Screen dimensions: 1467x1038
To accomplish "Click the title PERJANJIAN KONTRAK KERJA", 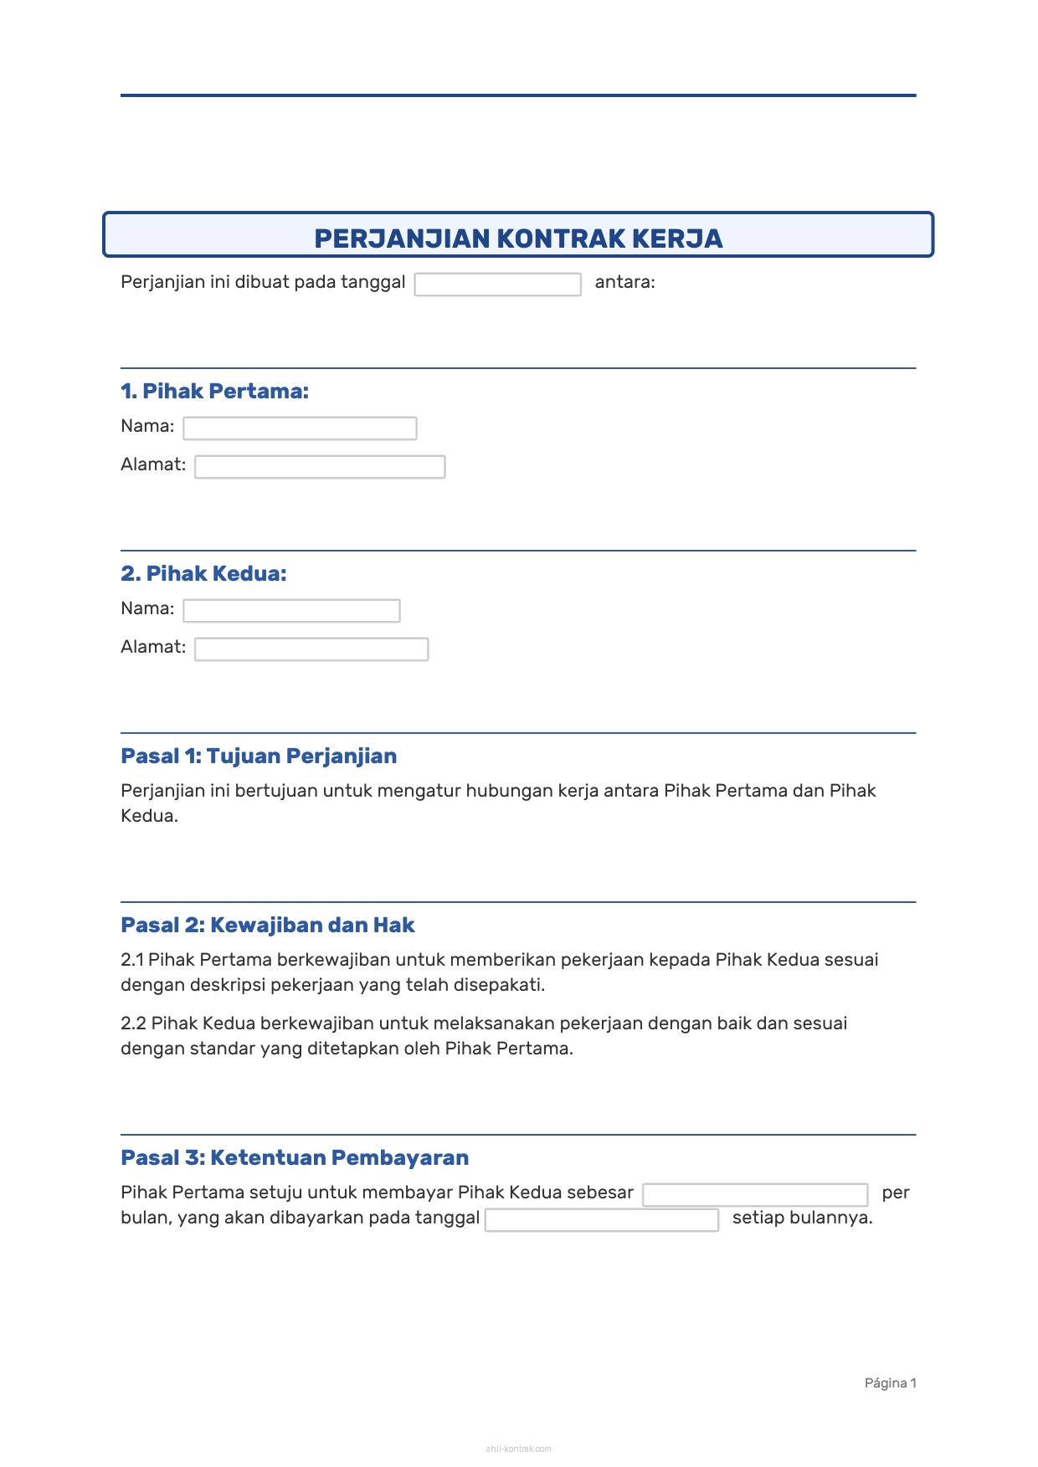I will coord(518,239).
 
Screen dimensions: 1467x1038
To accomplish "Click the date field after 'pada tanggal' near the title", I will coord(497,285).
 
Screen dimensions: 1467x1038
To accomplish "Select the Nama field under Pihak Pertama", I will coord(300,428).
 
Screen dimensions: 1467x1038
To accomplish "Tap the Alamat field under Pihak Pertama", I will coord(320,467).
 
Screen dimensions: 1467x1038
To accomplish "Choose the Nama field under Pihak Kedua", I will coord(291,611).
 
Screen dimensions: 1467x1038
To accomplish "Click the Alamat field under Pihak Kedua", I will coord(311,649).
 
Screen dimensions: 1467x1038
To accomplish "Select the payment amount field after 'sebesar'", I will coord(755,1195).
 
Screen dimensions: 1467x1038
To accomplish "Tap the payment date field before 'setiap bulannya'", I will coord(602,1220).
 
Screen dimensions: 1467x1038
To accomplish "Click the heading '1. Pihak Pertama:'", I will coord(214,391).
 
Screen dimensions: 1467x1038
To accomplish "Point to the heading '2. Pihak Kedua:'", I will coord(203,573).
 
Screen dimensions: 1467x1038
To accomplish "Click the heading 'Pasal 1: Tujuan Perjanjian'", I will coord(259,756).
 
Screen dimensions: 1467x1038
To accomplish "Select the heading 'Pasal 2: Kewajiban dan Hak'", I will coord(268,925).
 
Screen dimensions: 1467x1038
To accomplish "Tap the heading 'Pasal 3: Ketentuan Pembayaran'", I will coord(295,1157).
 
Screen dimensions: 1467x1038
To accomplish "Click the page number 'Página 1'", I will coord(890,1383).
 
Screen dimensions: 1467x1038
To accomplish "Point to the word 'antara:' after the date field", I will coord(624,282).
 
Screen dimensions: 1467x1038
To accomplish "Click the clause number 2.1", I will coord(132,960).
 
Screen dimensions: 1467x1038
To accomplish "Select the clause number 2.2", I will coord(133,1023).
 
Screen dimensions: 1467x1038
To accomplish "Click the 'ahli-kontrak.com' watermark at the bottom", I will coord(518,1449).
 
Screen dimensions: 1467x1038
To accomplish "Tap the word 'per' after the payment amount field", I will coord(895,1193).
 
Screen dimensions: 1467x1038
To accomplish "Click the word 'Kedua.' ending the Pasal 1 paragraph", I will coord(149,816).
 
